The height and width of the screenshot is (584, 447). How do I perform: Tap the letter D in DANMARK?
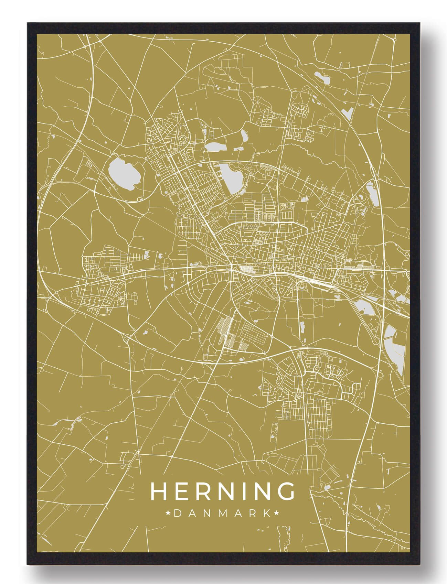[x=178, y=513]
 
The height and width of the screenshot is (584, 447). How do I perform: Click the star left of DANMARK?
[x=169, y=513]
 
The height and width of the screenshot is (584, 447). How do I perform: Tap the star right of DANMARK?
[x=276, y=513]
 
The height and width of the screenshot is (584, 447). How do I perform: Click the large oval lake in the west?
[x=124, y=173]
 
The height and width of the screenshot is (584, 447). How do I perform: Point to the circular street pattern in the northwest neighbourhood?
[x=183, y=139]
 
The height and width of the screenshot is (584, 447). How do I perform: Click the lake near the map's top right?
[x=322, y=78]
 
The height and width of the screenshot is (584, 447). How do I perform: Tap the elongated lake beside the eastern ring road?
[x=373, y=193]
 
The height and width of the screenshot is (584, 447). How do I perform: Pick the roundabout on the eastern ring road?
[x=376, y=178]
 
